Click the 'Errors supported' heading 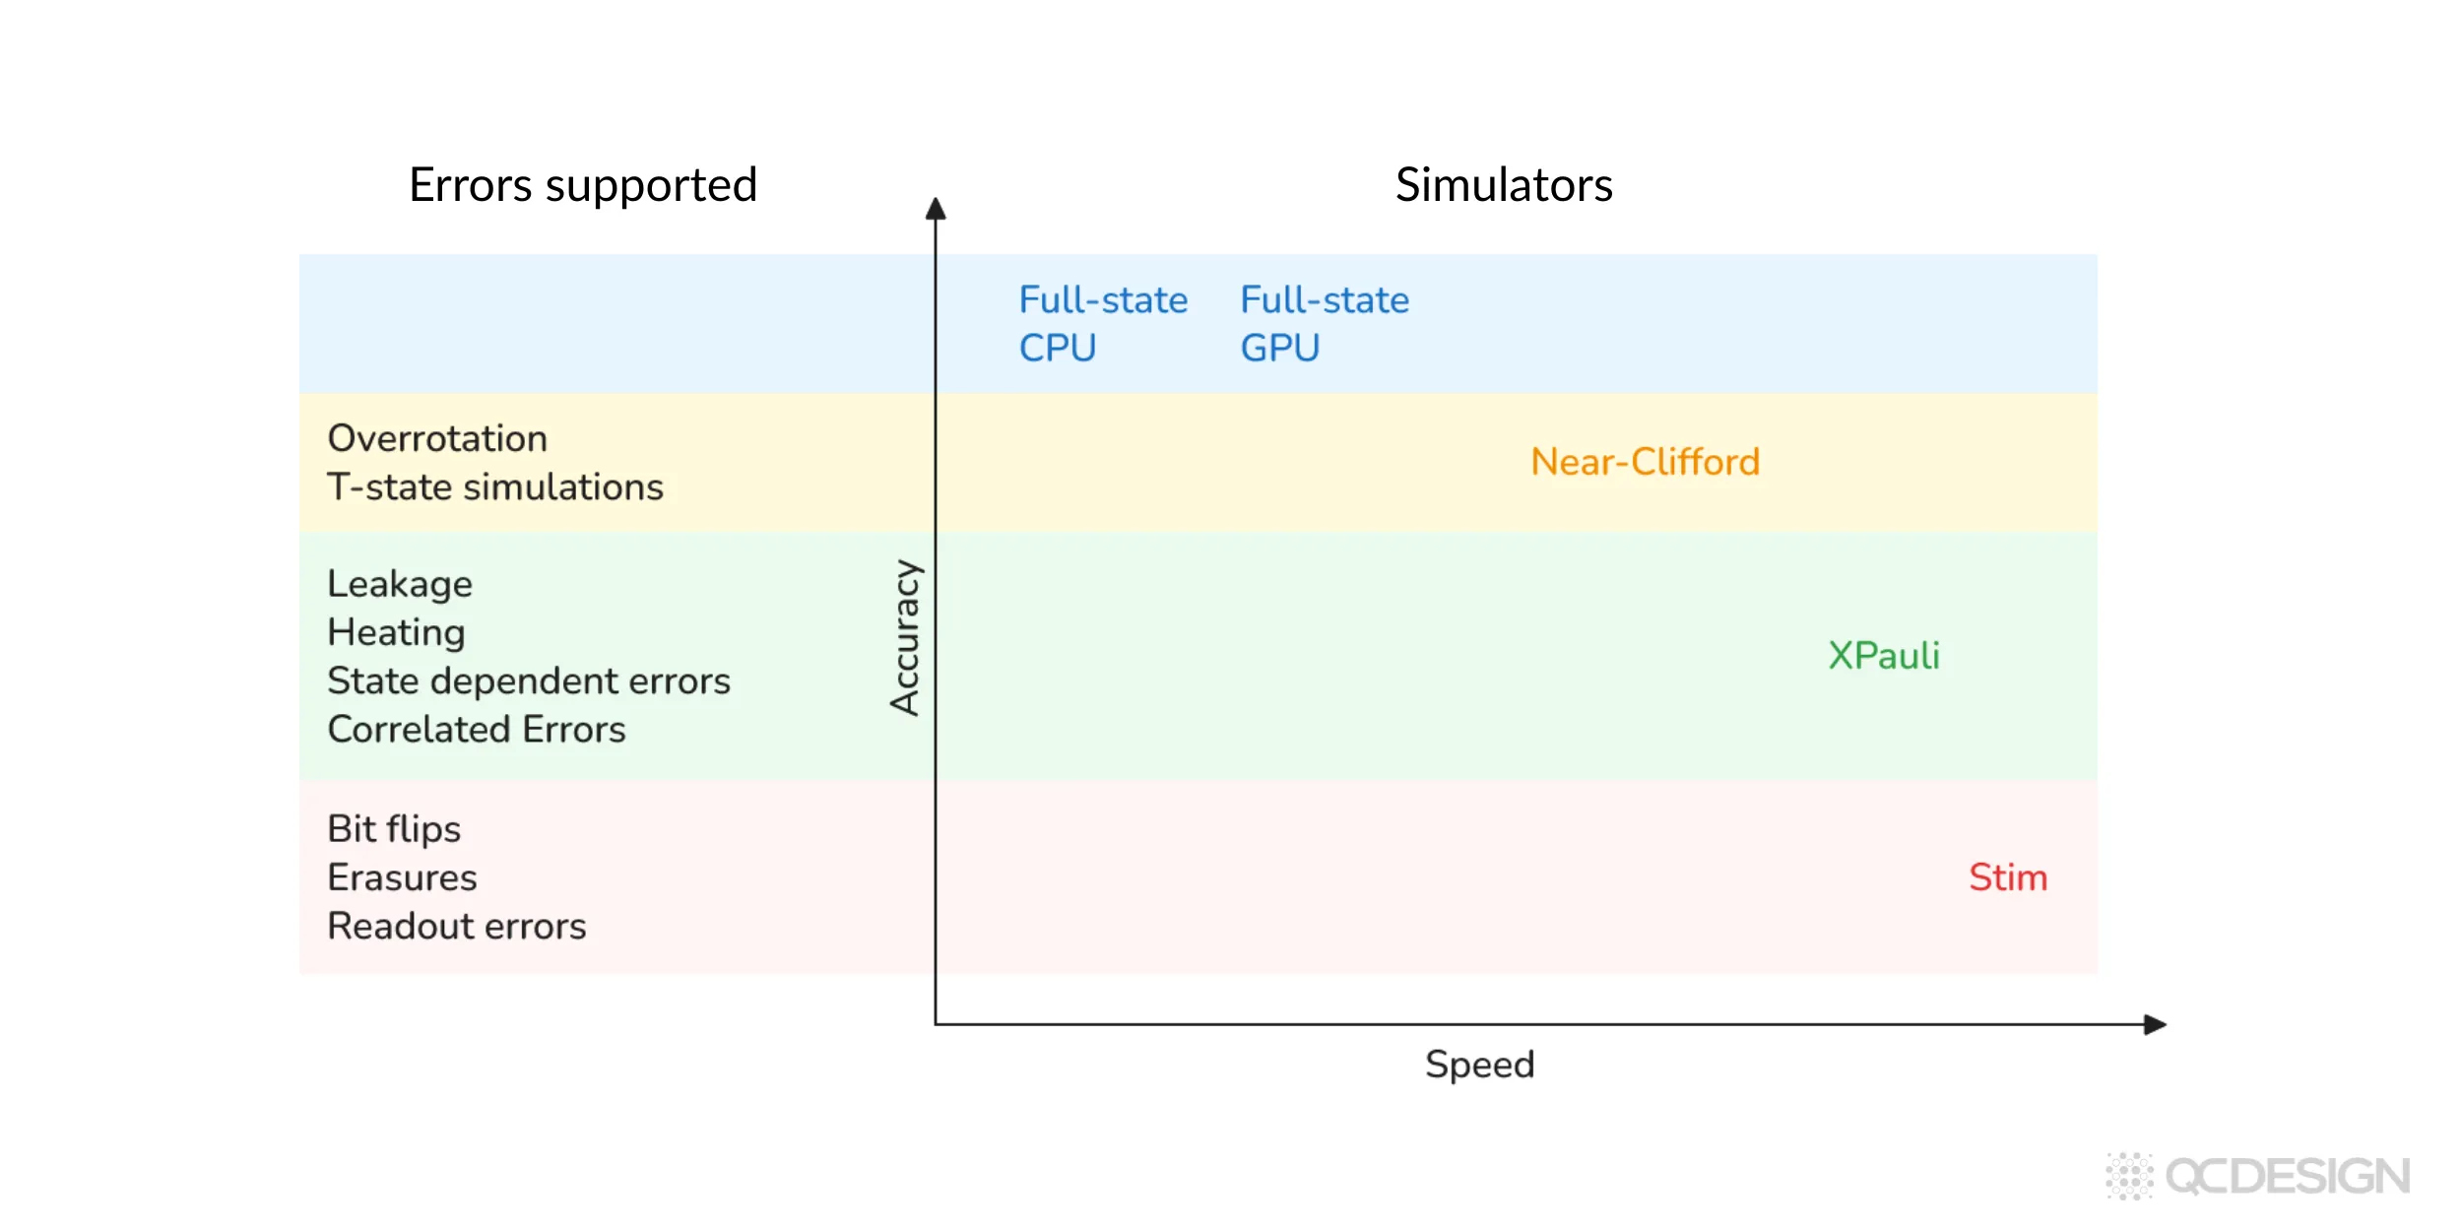pos(583,185)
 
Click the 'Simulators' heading pos(1504,185)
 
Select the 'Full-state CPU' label pos(1102,323)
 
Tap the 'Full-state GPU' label pos(1324,323)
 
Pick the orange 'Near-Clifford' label pos(1645,462)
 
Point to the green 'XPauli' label pos(1883,656)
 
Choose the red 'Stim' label pos(2007,877)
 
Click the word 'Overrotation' pos(437,438)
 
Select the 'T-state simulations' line pos(495,487)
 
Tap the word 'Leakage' pos(400,584)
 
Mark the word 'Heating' pos(396,632)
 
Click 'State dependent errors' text pos(529,680)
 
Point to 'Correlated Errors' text pos(477,730)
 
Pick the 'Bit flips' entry pos(394,829)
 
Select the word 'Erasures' pos(402,877)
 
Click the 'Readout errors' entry pos(457,926)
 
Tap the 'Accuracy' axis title pos(904,637)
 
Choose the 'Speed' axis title pos(1479,1065)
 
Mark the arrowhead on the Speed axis pos(2155,1024)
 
